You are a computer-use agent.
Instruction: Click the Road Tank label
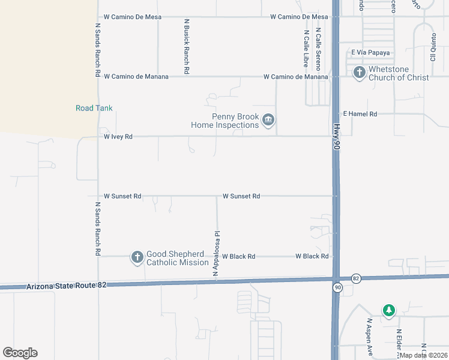point(94,108)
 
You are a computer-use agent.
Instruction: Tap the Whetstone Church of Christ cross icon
point(360,73)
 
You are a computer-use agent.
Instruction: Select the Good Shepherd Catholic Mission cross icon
point(137,258)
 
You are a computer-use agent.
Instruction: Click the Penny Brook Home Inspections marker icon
point(268,121)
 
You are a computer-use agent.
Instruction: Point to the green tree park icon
point(389,310)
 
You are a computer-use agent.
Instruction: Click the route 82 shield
point(356,278)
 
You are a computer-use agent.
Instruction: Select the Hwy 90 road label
point(336,142)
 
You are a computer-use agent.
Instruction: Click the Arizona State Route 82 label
point(66,287)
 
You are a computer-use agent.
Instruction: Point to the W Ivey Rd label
point(118,137)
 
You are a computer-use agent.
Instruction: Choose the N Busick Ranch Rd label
point(187,46)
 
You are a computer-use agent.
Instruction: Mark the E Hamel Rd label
point(360,113)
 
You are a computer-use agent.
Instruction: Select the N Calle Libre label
point(306,48)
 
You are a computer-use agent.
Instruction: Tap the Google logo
point(20,353)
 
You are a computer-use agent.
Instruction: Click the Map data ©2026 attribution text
point(423,355)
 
